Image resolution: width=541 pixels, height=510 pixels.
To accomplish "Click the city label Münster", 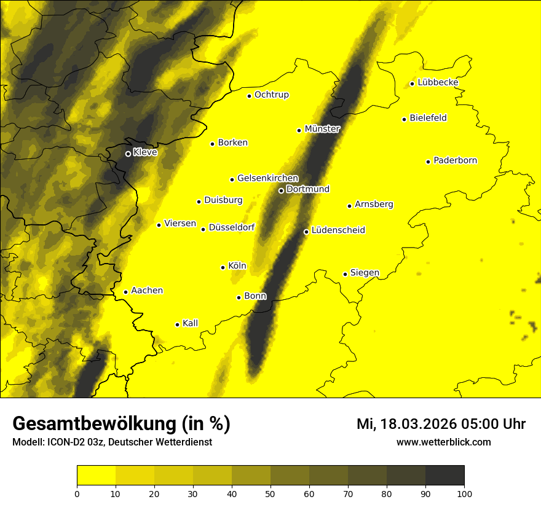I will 322,129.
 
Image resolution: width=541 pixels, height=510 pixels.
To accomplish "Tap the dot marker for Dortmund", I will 281,190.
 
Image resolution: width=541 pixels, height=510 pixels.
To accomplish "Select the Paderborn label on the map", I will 456,160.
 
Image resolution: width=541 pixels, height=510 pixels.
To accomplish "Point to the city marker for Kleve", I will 128,154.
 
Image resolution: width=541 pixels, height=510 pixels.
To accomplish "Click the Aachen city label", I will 147,291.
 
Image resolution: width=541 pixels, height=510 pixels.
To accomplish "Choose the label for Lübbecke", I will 438,82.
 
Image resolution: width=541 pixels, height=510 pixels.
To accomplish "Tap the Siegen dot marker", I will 346,274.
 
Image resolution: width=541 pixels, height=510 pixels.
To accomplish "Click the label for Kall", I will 191,323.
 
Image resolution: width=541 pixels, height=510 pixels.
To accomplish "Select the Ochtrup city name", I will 272,95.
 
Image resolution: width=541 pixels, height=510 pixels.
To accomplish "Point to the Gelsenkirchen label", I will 267,178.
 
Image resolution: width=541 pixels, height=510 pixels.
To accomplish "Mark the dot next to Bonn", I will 239,297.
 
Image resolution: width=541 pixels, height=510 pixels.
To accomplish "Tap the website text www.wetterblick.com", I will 443,442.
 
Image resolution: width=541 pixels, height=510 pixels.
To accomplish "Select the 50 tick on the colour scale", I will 270,493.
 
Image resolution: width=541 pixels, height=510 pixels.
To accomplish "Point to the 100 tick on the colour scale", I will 464,493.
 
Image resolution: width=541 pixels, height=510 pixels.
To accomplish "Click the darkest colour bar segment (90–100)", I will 444,476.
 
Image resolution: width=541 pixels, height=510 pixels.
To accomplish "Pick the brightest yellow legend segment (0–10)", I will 97,476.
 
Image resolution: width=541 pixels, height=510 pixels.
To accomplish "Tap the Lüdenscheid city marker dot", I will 306,232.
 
